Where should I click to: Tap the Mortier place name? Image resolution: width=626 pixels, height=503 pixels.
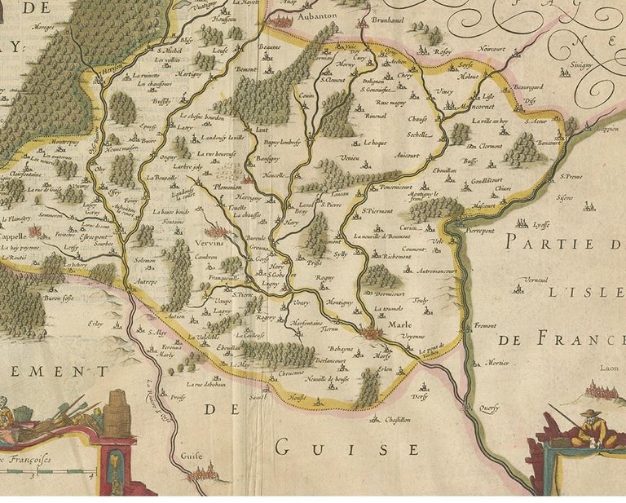(x=497, y=362)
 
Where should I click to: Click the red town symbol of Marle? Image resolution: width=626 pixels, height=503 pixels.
(x=373, y=333)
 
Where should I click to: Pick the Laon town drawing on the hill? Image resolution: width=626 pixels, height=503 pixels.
(x=604, y=390)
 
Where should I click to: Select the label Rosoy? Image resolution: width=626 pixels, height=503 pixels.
(x=443, y=51)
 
